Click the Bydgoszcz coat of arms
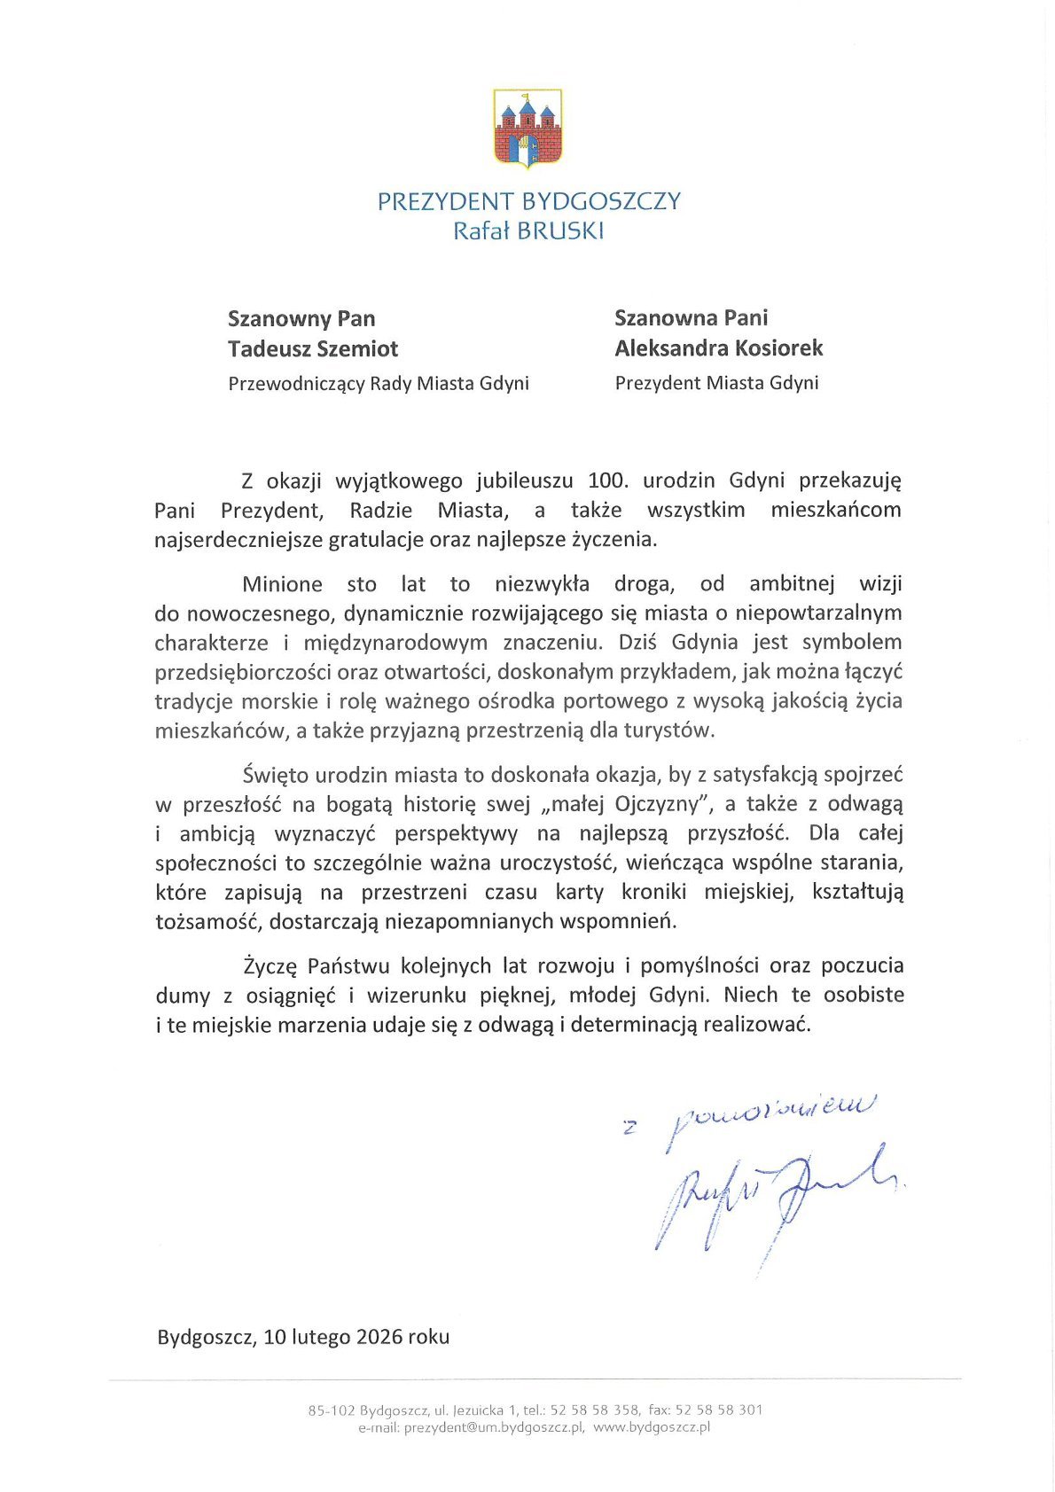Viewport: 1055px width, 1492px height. click(x=527, y=129)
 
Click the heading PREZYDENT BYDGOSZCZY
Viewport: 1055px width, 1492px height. click(x=528, y=201)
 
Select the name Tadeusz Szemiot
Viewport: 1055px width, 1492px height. click(x=313, y=348)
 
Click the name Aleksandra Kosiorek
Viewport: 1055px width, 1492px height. click(x=719, y=348)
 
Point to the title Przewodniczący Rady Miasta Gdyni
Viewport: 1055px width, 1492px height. click(x=379, y=383)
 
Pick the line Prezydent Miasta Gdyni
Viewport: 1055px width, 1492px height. click(x=716, y=383)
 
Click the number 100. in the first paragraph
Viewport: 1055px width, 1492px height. click(x=608, y=480)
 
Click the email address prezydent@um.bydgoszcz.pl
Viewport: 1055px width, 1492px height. click(x=493, y=1427)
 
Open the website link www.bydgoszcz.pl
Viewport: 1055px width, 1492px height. click(x=652, y=1427)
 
